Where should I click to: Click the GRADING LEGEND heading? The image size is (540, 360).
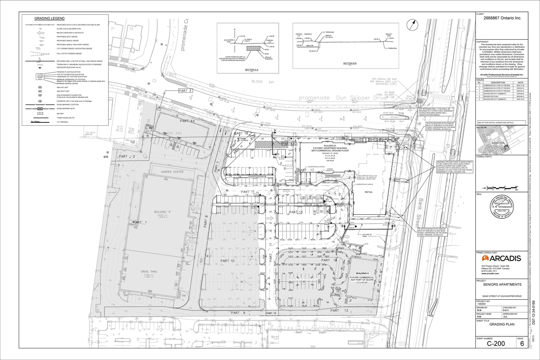49,19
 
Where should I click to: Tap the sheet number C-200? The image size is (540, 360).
496,344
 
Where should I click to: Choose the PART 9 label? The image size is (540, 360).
238,313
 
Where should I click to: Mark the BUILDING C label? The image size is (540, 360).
362,273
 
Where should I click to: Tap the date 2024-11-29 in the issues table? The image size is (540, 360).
520,85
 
